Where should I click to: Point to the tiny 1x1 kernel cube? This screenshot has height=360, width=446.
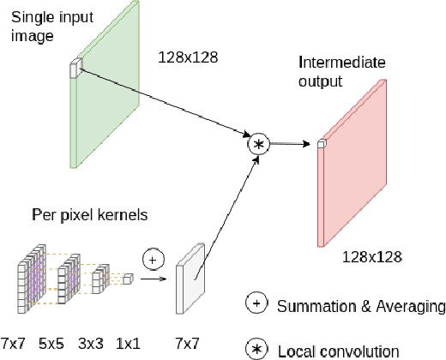coord(127,278)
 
